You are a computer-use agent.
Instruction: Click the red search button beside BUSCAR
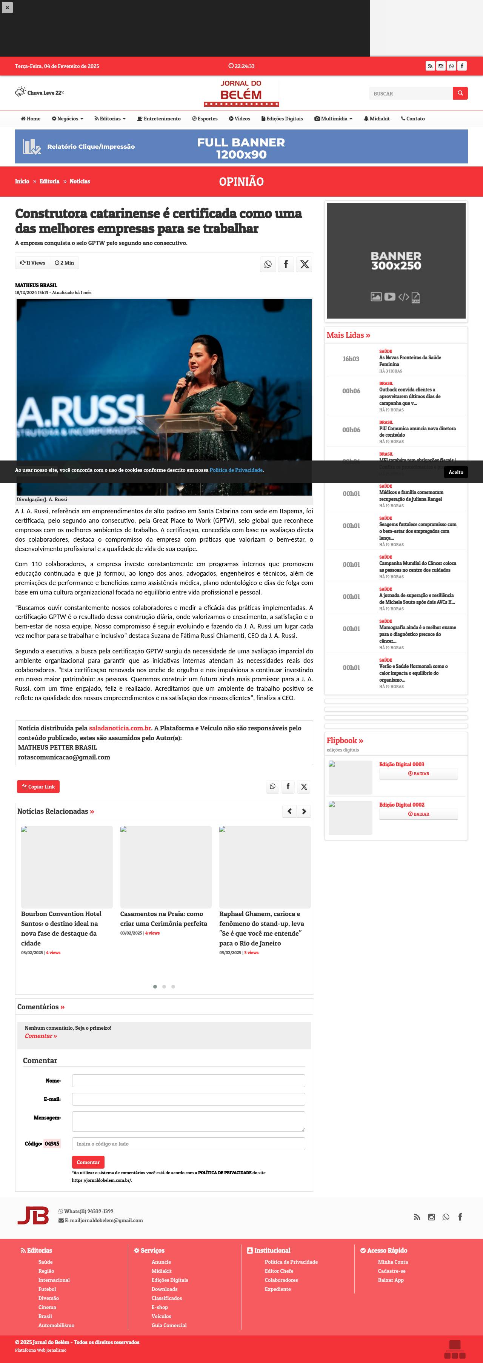pyautogui.click(x=460, y=93)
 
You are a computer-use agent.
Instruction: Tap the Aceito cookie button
pyautogui.click(x=455, y=472)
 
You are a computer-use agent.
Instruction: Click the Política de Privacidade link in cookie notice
pyautogui.click(x=236, y=470)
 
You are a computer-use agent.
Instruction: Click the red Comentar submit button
pyautogui.click(x=88, y=1162)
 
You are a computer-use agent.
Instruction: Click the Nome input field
pyautogui.click(x=188, y=1080)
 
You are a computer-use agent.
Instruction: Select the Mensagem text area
pyautogui.click(x=188, y=1121)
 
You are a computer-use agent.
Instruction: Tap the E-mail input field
pyautogui.click(x=188, y=1099)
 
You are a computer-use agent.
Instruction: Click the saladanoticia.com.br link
pyautogui.click(x=120, y=728)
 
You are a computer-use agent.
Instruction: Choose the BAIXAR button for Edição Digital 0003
pyautogui.click(x=418, y=773)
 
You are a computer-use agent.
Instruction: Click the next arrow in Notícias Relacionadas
pyautogui.click(x=304, y=811)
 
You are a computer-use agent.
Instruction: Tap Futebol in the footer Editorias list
pyautogui.click(x=47, y=1289)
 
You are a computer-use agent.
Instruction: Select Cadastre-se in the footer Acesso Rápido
pyautogui.click(x=391, y=1271)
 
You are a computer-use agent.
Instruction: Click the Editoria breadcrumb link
pyautogui.click(x=49, y=182)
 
